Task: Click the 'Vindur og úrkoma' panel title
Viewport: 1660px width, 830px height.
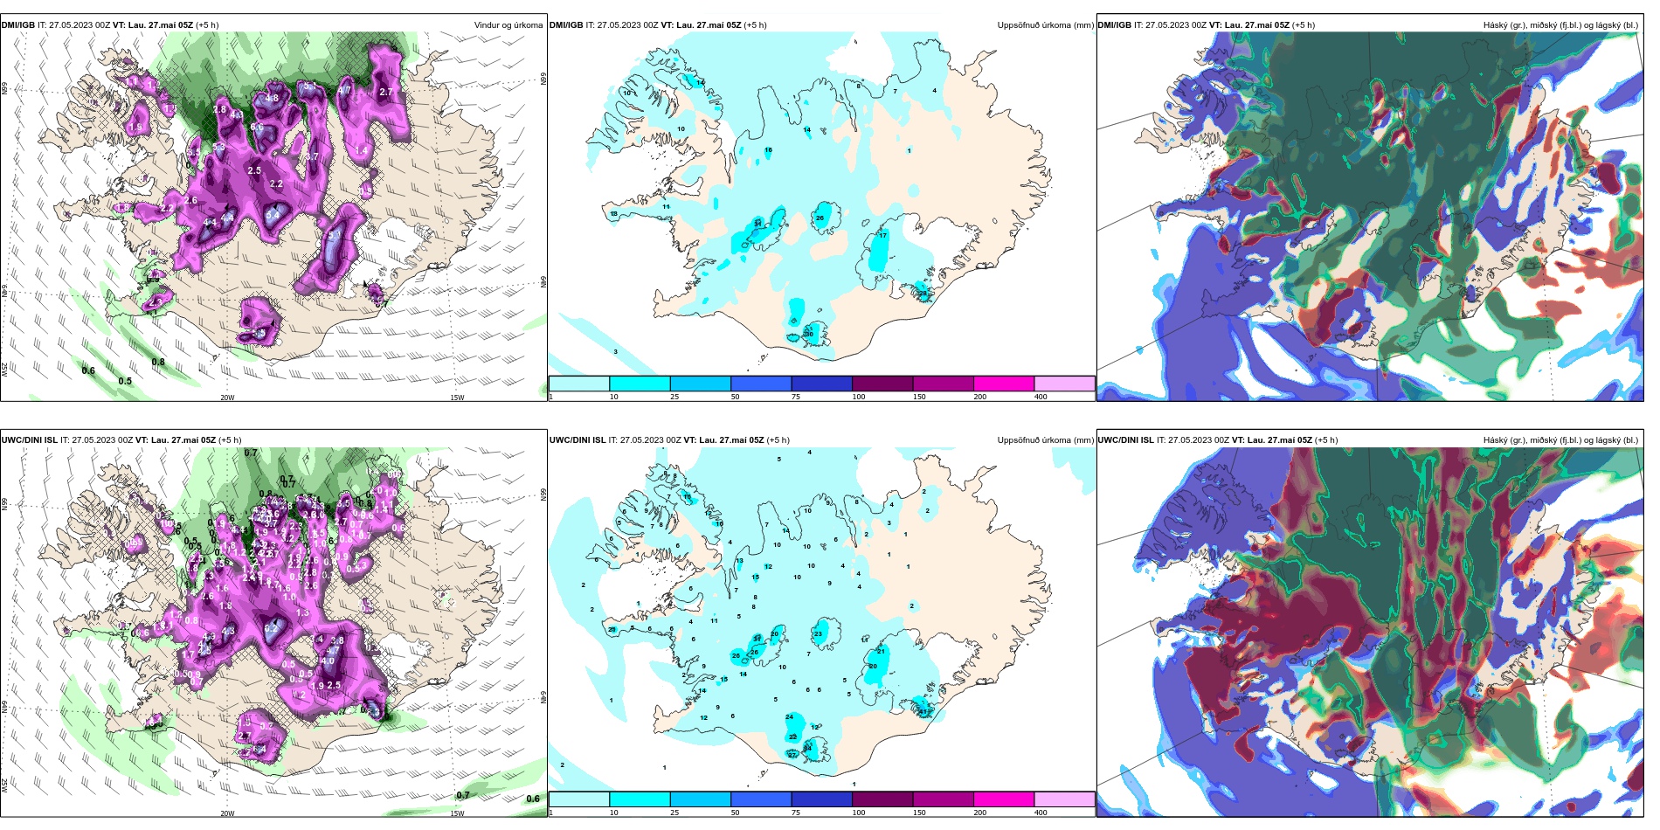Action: pyautogui.click(x=508, y=25)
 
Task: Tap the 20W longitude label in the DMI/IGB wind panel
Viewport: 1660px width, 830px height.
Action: pyautogui.click(x=227, y=398)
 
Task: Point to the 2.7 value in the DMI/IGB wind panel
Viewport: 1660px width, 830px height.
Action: pyautogui.click(x=386, y=92)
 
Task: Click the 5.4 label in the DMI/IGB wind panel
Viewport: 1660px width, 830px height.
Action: pyautogui.click(x=273, y=214)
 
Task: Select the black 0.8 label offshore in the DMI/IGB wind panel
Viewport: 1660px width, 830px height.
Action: pyautogui.click(x=158, y=362)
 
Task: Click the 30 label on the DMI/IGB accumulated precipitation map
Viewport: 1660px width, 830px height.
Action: pyautogui.click(x=809, y=335)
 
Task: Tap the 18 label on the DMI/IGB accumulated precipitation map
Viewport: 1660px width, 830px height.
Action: pyautogui.click(x=614, y=214)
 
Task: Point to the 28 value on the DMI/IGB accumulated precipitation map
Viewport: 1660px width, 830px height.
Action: pyautogui.click(x=923, y=294)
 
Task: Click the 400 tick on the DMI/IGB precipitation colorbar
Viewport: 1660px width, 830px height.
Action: pyautogui.click(x=1041, y=397)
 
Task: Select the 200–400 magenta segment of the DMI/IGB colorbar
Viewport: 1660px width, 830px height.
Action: pyautogui.click(x=1003, y=384)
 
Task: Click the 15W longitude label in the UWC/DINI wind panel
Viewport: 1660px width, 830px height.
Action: pyautogui.click(x=456, y=813)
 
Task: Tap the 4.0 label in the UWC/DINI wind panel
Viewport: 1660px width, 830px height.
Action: pyautogui.click(x=328, y=661)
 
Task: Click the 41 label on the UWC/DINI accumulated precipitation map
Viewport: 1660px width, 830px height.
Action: pyautogui.click(x=923, y=711)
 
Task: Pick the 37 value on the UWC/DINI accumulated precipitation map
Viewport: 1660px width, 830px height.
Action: pyautogui.click(x=792, y=755)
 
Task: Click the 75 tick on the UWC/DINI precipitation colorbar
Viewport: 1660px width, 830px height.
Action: pyautogui.click(x=796, y=813)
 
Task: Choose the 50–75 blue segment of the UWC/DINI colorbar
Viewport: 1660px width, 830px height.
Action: pyautogui.click(x=760, y=799)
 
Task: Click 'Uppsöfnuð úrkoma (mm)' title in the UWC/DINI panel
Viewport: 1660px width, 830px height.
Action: pyautogui.click(x=1045, y=440)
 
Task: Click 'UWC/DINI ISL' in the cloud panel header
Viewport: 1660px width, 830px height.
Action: pyautogui.click(x=1124, y=440)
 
